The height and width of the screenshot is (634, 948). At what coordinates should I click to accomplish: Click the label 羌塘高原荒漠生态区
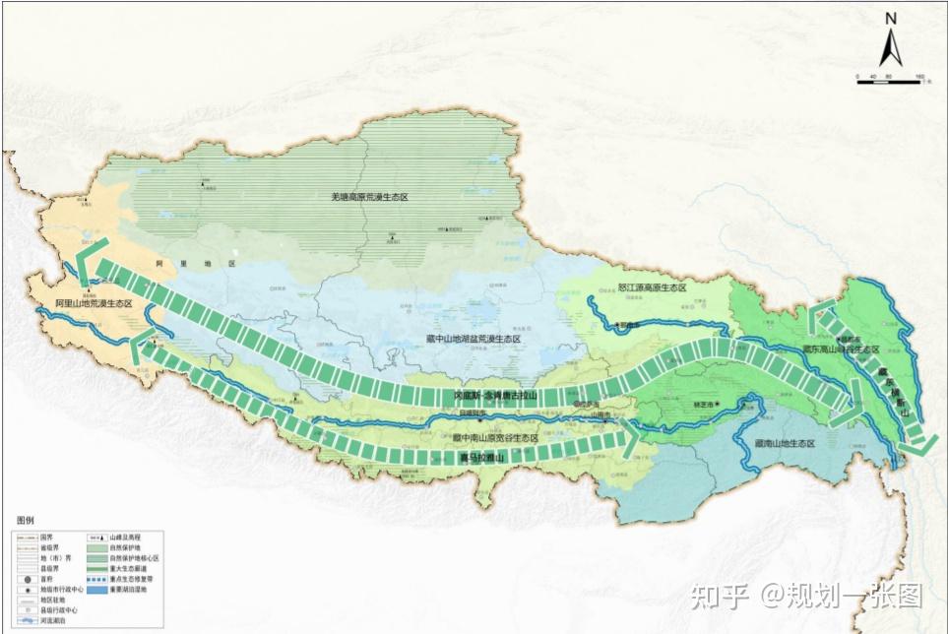point(369,197)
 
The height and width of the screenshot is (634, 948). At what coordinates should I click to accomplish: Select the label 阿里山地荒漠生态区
point(94,305)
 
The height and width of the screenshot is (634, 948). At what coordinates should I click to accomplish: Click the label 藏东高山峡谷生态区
point(839,349)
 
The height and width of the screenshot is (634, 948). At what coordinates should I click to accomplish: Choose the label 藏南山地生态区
point(784,444)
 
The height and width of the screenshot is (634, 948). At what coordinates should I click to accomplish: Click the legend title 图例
point(26,519)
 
